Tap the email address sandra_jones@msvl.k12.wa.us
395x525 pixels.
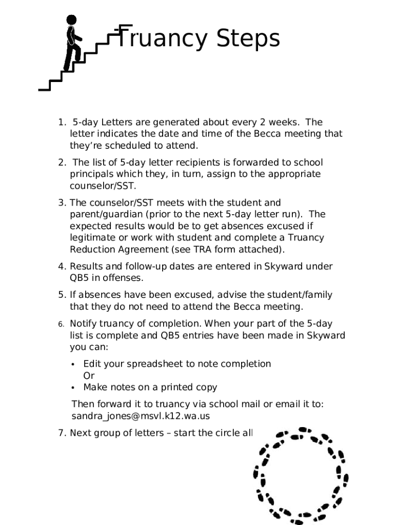pyautogui.click(x=140, y=416)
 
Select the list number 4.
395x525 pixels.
pyautogui.click(x=62, y=266)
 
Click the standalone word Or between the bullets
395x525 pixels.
pyautogui.click(x=89, y=375)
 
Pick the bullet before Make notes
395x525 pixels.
pyautogui.click(x=73, y=388)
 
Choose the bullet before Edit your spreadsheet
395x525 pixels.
pyautogui.click(x=73, y=364)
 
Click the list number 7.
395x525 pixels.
pyautogui.click(x=62, y=433)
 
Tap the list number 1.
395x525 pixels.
pyautogui.click(x=62, y=122)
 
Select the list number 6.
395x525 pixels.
pyautogui.click(x=61, y=324)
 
